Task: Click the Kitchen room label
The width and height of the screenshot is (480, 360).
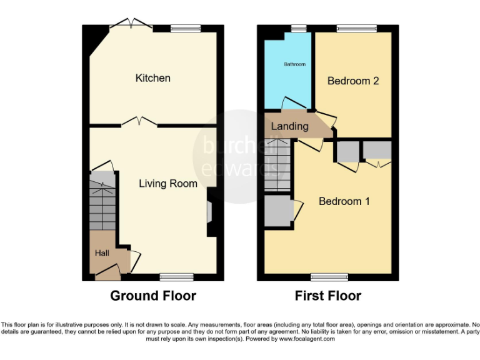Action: (x=153, y=78)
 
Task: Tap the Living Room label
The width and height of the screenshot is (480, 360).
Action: (x=167, y=184)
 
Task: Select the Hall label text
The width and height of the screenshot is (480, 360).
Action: (x=102, y=253)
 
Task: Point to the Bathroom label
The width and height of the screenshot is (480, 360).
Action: (x=294, y=64)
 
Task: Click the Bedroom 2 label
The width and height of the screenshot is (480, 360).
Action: (x=353, y=81)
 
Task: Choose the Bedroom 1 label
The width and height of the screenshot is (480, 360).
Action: (x=344, y=201)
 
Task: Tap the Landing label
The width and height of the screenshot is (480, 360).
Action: (x=289, y=126)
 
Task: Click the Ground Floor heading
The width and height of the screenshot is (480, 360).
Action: (x=153, y=296)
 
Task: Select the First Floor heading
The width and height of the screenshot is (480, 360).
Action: (x=328, y=296)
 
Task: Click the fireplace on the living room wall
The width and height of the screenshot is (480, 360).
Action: (x=211, y=212)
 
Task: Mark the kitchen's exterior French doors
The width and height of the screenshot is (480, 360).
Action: (x=131, y=25)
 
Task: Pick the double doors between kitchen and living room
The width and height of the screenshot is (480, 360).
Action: (x=139, y=122)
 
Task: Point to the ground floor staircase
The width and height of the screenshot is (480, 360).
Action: (x=101, y=206)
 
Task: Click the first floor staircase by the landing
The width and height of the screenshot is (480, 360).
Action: (x=277, y=166)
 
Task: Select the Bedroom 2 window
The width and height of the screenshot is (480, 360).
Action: (x=357, y=28)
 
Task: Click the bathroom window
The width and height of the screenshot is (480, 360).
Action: (x=297, y=28)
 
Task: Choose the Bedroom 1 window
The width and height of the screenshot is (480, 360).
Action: (x=329, y=277)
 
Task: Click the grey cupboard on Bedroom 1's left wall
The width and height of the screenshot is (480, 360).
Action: (x=278, y=211)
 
